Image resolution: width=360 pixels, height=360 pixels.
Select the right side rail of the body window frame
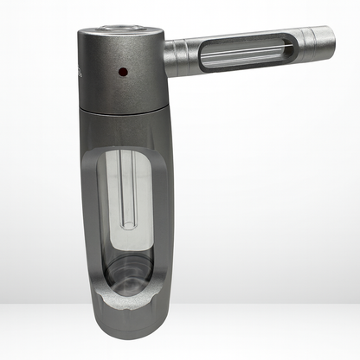(165, 216)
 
